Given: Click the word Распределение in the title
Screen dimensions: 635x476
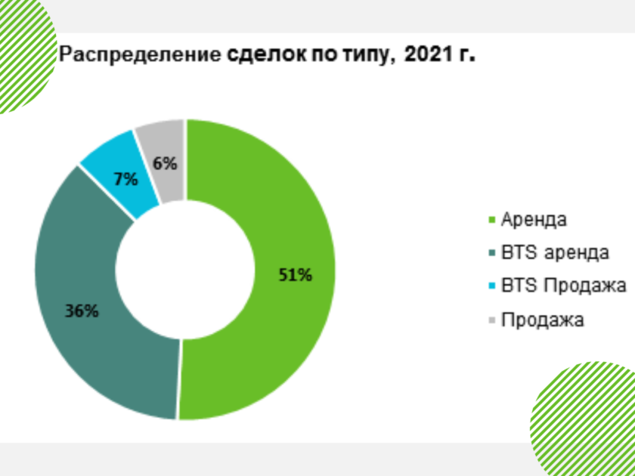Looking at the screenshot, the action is tap(140, 54).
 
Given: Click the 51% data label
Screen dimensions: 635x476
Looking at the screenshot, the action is tap(296, 275).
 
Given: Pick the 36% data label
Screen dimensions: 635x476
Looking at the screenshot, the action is tap(82, 311).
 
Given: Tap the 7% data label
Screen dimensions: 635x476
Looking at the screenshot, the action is tap(125, 179).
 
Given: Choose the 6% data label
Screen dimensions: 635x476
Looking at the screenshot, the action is tap(166, 163).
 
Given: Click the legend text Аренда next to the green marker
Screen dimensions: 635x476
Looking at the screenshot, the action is tap(534, 220).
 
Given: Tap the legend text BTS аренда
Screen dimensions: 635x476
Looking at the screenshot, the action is tap(555, 252).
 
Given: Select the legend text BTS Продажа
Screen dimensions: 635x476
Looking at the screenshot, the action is tap(564, 286).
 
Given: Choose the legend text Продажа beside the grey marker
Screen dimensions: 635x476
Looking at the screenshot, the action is tap(543, 320).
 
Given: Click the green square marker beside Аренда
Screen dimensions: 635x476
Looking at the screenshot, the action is tap(492, 220).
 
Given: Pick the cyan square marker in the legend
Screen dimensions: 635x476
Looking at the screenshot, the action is tap(492, 286).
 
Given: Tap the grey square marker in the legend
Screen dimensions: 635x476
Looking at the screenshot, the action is tap(492, 320).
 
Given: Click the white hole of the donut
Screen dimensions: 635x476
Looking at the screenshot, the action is tap(185, 270).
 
